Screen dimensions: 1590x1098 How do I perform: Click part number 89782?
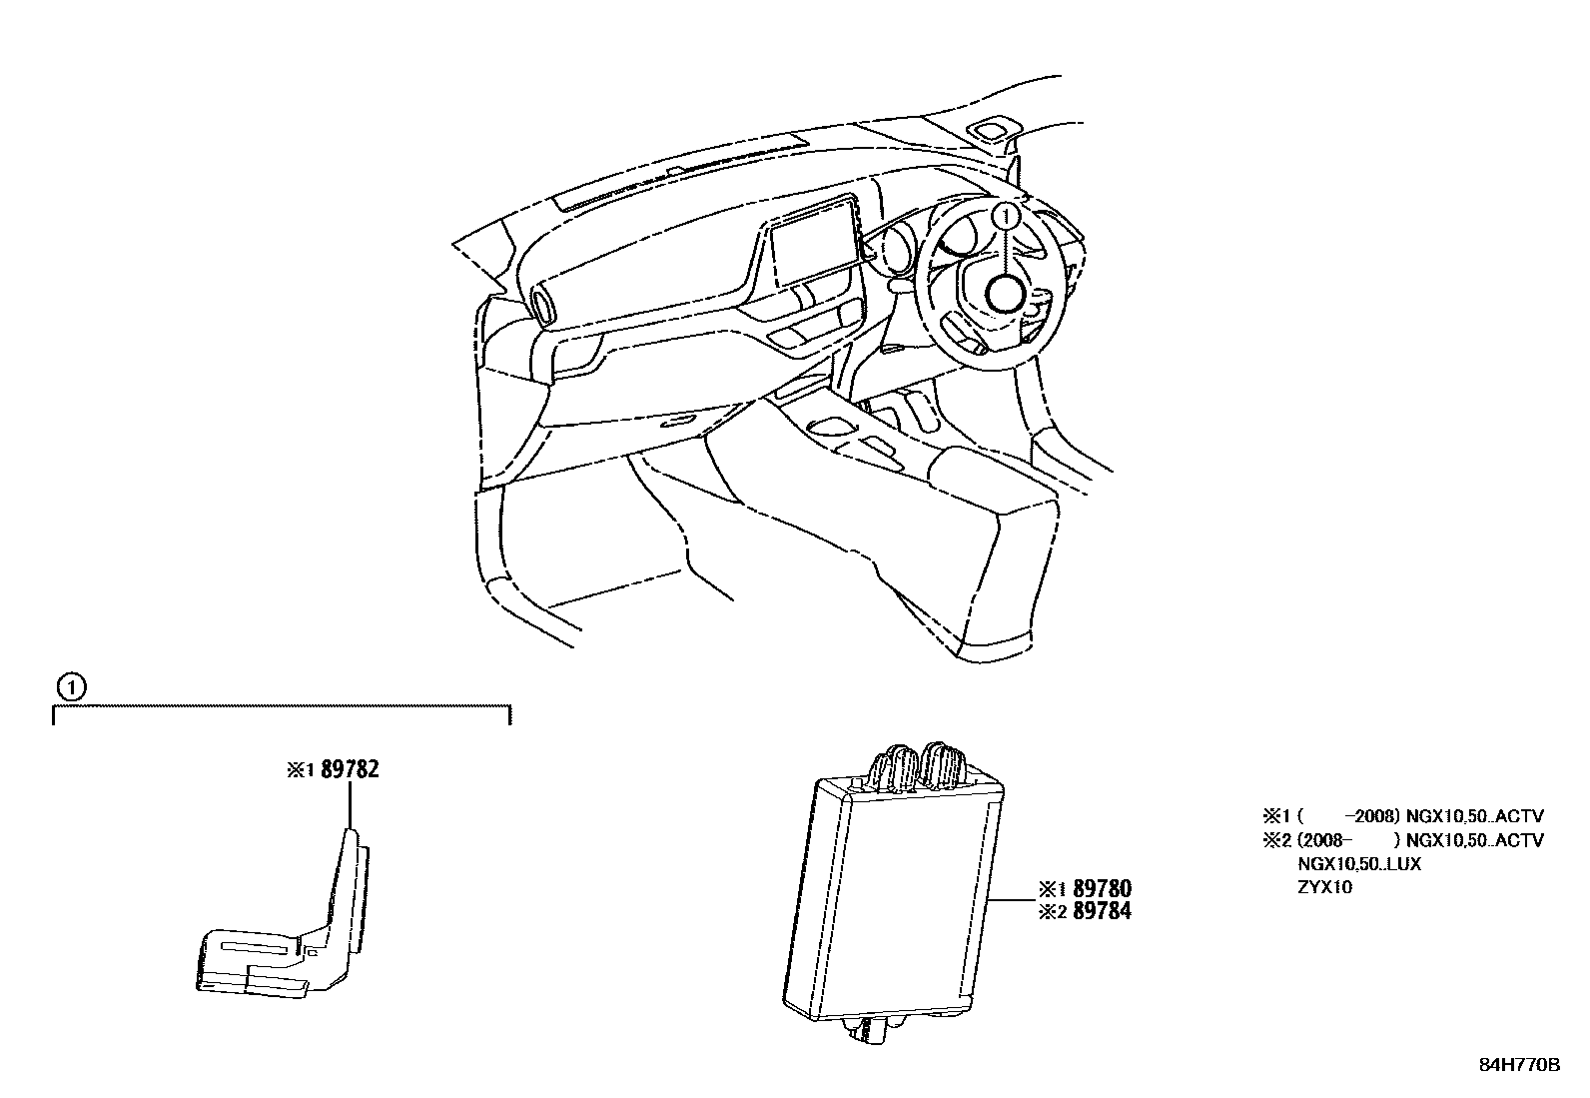click(x=350, y=769)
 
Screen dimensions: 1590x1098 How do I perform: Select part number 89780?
click(x=1102, y=888)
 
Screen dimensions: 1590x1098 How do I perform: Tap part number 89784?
click(x=1102, y=911)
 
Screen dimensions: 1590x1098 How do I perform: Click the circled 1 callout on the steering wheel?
click(x=1008, y=214)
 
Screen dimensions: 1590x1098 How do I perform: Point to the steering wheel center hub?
click(x=1004, y=294)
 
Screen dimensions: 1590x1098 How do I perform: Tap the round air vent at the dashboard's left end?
click(x=543, y=305)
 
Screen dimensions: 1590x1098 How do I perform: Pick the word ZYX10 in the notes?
click(x=1324, y=886)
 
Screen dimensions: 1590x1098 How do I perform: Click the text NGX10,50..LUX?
click(x=1358, y=863)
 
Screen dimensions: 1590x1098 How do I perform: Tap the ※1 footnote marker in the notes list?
click(x=1278, y=816)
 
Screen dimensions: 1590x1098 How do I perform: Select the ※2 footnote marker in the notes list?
click(x=1278, y=840)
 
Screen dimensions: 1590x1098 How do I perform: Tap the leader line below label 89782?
click(x=350, y=804)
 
